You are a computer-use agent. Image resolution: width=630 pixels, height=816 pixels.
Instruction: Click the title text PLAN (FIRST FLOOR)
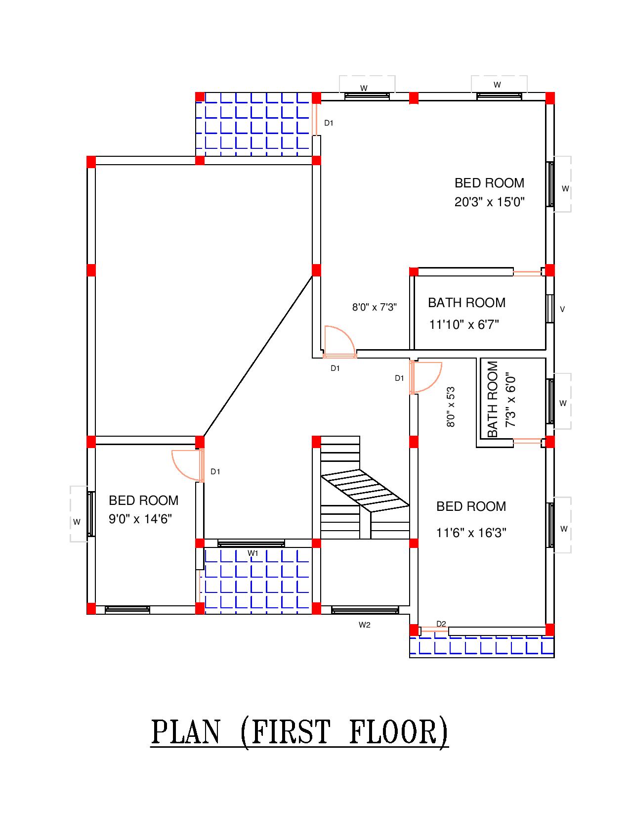[x=299, y=732]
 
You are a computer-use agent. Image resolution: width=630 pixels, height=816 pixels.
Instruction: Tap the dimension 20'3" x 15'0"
[x=489, y=202]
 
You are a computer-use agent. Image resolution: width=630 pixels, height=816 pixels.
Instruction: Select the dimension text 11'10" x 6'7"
[x=464, y=325]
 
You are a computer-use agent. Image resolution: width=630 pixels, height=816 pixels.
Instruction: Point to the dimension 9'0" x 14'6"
[x=140, y=519]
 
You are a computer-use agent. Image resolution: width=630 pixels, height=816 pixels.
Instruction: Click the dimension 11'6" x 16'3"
[x=471, y=533]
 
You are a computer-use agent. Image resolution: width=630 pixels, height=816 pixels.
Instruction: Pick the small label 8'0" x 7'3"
[x=374, y=307]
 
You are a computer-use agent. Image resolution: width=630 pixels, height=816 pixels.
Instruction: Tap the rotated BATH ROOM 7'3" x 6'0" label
[x=501, y=400]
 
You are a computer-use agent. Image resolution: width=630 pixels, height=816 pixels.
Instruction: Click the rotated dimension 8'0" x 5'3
[x=451, y=407]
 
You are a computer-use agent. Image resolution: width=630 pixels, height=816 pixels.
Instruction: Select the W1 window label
[x=253, y=553]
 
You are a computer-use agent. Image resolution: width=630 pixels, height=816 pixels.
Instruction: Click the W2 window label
[x=364, y=625]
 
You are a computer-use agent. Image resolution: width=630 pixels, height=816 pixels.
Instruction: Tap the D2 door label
[x=441, y=624]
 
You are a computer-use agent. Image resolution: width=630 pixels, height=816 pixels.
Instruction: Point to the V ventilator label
[x=562, y=310]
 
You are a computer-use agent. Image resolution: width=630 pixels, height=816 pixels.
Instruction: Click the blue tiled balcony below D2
[x=482, y=646]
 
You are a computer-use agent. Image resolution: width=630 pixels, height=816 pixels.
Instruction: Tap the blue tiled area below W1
[x=257, y=580]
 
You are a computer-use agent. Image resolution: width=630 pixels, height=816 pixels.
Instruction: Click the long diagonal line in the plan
[x=257, y=356]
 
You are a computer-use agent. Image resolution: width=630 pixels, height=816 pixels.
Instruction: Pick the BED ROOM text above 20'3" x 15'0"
[x=489, y=183]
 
